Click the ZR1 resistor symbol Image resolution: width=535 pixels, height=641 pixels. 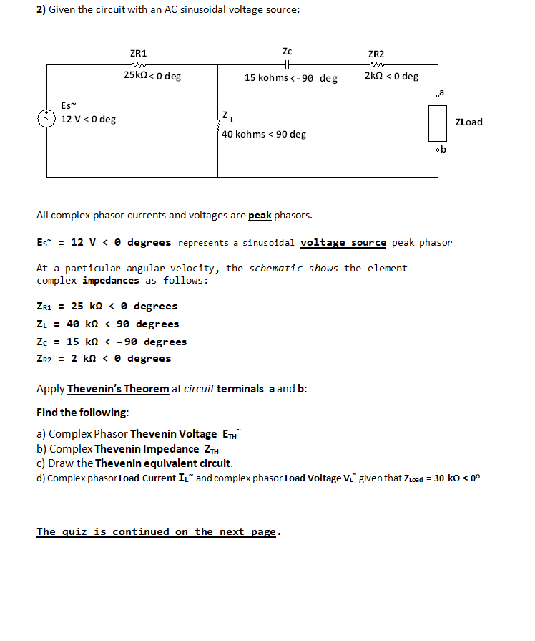click(x=138, y=64)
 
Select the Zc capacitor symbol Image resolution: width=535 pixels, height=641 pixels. click(x=287, y=64)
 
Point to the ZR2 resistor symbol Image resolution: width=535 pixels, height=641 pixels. click(x=376, y=64)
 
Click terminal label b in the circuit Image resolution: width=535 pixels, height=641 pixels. click(x=443, y=149)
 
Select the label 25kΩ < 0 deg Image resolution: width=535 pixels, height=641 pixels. click(x=152, y=76)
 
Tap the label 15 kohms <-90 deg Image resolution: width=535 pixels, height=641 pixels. click(x=290, y=77)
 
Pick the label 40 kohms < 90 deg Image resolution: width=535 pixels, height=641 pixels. click(x=263, y=134)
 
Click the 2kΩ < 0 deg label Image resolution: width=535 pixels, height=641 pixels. click(x=391, y=76)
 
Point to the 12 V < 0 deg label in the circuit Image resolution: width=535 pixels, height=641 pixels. click(x=88, y=119)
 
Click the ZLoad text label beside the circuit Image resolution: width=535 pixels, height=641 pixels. click(x=468, y=122)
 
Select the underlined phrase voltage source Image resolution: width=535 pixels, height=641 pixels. click(x=343, y=242)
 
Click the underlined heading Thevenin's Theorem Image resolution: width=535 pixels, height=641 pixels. click(x=118, y=389)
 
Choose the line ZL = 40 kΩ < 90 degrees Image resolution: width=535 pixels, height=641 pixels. click(x=107, y=324)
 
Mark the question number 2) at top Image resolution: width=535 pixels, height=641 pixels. click(x=41, y=10)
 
